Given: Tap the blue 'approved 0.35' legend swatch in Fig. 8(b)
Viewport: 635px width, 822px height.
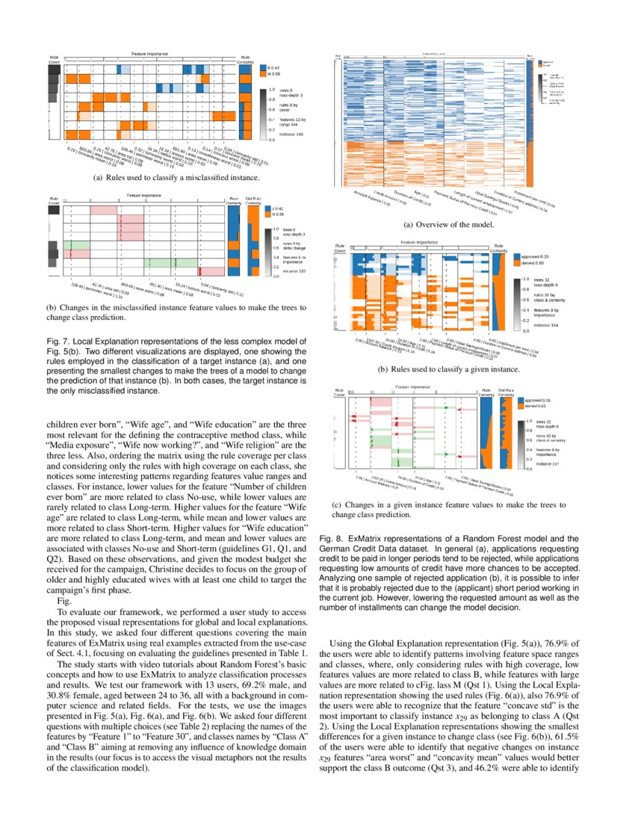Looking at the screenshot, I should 516,256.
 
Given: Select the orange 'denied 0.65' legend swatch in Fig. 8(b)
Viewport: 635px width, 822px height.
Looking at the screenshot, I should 516,263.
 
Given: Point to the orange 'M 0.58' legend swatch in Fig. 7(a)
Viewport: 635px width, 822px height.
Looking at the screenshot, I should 263,75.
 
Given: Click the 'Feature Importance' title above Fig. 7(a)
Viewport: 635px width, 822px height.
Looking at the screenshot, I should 149,55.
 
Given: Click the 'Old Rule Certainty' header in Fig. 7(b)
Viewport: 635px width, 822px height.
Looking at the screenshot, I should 253,201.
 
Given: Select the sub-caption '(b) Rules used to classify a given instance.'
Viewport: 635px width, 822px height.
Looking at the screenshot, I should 448,369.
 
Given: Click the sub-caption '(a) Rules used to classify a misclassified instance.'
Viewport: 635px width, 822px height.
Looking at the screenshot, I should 149,179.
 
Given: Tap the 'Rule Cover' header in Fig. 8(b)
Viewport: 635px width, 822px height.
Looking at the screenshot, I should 340,248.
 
